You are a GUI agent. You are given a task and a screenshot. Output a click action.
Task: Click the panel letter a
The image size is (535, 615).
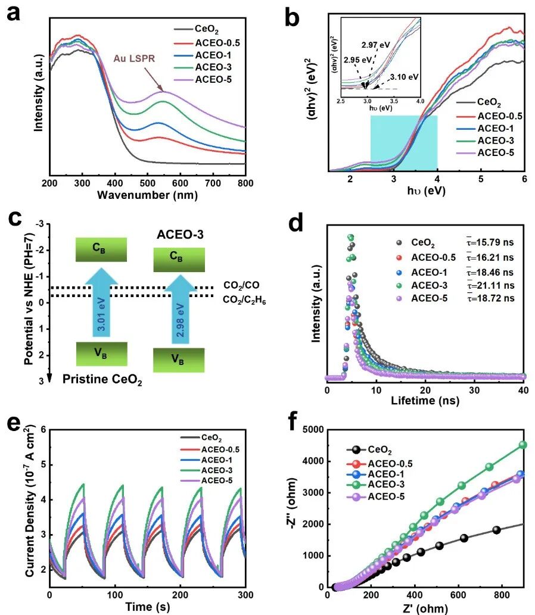coord(14,13)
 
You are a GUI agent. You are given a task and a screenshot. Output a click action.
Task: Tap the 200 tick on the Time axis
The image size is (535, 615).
coord(123,595)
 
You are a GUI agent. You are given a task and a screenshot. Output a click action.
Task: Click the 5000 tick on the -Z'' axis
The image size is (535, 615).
coord(319,430)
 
